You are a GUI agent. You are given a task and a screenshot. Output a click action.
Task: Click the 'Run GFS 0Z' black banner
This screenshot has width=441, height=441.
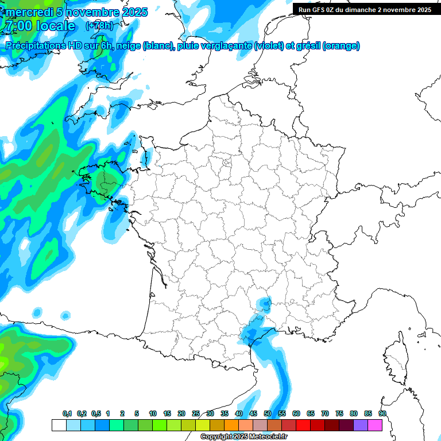pyautogui.click(x=365, y=10)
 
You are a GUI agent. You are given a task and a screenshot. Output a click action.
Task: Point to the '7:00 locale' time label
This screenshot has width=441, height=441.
pyautogui.click(x=39, y=26)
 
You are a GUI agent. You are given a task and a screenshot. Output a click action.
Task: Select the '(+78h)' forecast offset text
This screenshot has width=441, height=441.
pyautogui.click(x=99, y=26)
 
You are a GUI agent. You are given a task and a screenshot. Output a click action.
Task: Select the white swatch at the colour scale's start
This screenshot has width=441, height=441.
pyautogui.click(x=59, y=425)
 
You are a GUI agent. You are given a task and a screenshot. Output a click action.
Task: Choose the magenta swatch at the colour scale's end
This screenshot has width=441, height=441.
pyautogui.click(x=375, y=425)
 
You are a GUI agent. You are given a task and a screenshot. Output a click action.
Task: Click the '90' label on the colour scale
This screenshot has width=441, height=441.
pyautogui.click(x=382, y=413)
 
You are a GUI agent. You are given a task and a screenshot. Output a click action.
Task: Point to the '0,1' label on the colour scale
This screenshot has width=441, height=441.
pyautogui.click(x=67, y=413)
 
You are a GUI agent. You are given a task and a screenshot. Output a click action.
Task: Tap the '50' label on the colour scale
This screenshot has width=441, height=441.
pyautogui.click(x=267, y=413)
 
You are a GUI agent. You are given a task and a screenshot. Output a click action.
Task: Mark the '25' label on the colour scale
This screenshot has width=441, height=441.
pyautogui.click(x=196, y=413)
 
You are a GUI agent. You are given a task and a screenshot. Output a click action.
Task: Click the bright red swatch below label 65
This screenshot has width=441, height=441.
pyautogui.click(x=303, y=425)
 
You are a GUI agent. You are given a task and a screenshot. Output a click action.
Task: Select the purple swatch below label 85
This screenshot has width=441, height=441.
pyautogui.click(x=361, y=425)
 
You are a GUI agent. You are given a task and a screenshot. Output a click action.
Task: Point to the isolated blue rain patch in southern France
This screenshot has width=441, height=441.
pyautogui.click(x=264, y=303)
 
